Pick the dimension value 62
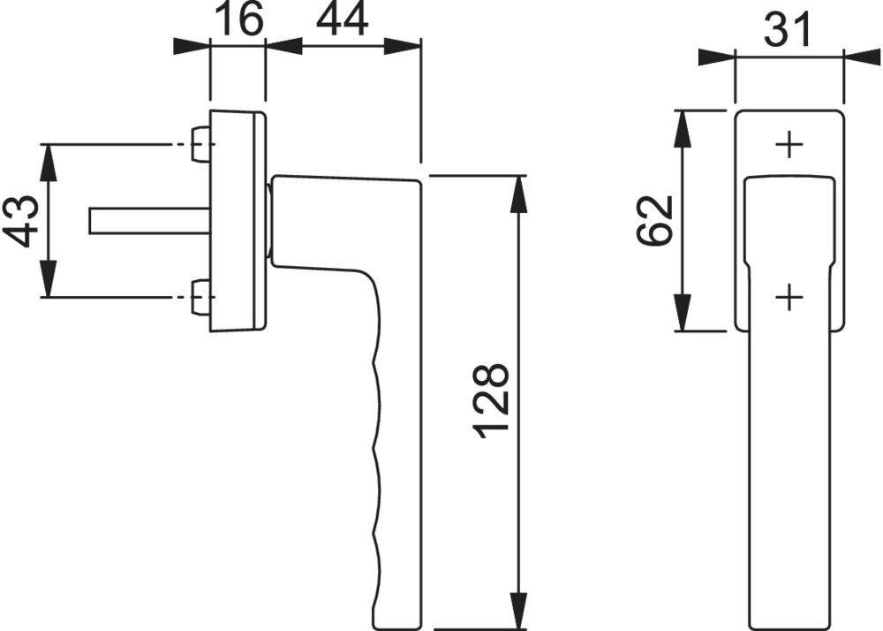click(x=655, y=221)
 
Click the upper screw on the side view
click(x=200, y=144)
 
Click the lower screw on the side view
click(x=200, y=297)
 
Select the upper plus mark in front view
click(x=789, y=145)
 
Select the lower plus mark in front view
click(x=789, y=298)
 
